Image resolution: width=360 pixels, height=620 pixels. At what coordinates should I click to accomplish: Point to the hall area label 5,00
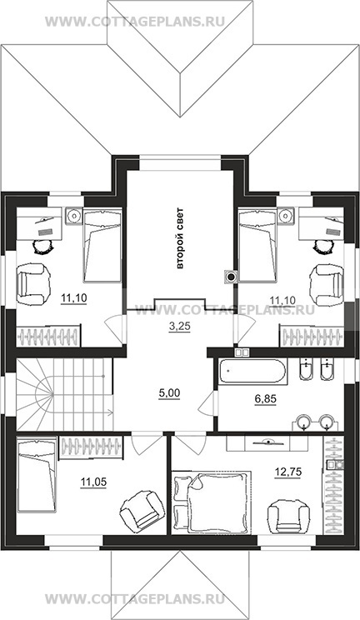coord(168,393)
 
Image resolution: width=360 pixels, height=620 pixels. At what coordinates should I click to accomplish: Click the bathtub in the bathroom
coord(252,371)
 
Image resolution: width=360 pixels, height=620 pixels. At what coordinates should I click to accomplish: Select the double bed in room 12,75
coord(212,502)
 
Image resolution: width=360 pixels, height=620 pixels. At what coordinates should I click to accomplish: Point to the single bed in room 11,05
coord(36,474)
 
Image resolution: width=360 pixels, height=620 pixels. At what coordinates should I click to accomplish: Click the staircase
coord(64,395)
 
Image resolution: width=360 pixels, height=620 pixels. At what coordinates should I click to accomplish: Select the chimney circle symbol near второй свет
coord(230,277)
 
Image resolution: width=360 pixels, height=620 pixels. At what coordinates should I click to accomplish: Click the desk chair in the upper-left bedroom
coord(42,247)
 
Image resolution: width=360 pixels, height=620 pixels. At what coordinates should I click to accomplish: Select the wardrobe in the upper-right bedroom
coord(312,336)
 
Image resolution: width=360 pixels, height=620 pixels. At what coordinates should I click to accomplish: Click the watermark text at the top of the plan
coord(135,22)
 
